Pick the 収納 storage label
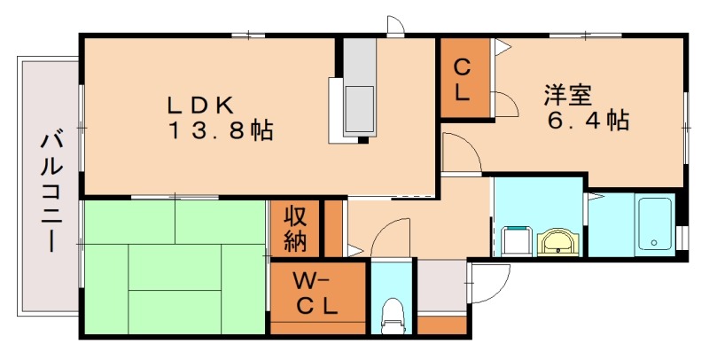pyautogui.click(x=295, y=227)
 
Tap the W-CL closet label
pyautogui.click(x=316, y=296)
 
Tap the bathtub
pyautogui.click(x=654, y=225)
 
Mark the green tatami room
pyautogui.click(x=174, y=267)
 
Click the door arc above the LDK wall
pyautogui.click(x=395, y=26)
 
